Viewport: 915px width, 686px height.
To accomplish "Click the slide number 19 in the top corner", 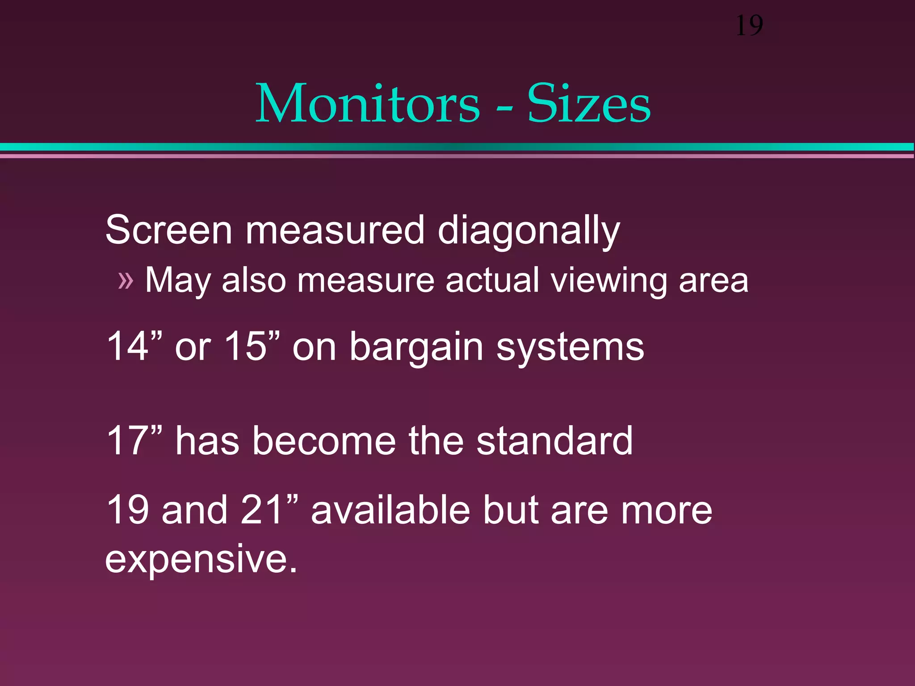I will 749,25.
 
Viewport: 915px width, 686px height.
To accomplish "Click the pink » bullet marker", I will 126,281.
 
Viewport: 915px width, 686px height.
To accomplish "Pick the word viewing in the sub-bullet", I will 608,281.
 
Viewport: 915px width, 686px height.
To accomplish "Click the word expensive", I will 201,560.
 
